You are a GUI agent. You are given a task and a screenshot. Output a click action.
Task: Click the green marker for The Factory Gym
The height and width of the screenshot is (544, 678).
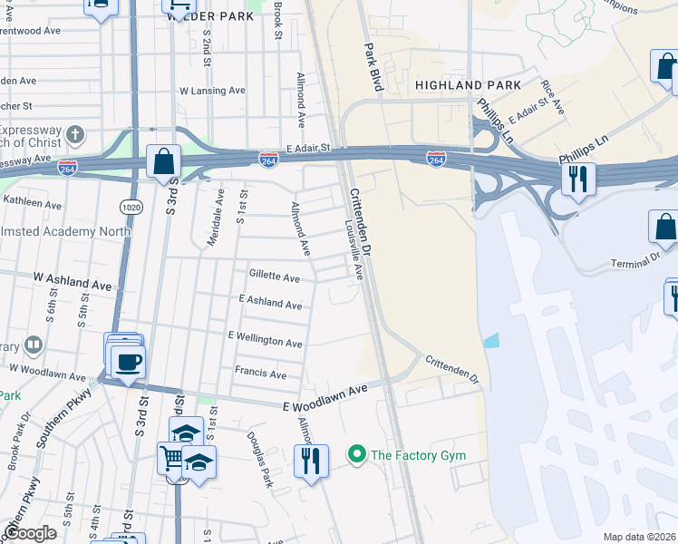357,453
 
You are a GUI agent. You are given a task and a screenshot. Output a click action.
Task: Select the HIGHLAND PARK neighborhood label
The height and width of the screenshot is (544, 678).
468,84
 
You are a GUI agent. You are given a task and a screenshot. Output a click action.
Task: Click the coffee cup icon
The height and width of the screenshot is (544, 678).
128,362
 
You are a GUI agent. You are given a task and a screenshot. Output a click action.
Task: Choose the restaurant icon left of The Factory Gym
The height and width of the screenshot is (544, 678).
309,460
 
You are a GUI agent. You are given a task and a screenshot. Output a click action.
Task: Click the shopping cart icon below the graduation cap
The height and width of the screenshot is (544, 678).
170,457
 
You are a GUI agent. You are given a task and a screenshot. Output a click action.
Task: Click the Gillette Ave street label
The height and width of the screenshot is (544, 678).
274,277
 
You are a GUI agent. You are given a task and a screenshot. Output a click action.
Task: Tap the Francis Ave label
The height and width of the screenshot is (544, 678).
260,374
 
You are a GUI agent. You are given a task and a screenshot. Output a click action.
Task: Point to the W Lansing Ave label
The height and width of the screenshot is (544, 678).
212,91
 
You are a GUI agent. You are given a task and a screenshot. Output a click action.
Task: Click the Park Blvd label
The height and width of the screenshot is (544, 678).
373,65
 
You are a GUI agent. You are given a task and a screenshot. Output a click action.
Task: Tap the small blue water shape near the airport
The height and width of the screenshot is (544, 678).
490,341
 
